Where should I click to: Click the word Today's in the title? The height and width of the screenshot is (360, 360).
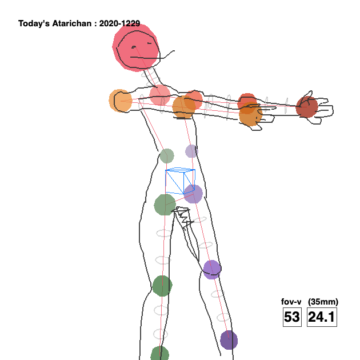point(34,24)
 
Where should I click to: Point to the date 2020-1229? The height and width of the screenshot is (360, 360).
point(119,24)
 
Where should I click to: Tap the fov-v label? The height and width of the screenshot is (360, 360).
point(291,302)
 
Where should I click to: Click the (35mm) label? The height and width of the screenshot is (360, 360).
point(323,302)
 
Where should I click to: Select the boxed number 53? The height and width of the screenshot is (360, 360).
point(291,317)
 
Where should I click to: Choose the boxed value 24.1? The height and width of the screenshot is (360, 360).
point(322,317)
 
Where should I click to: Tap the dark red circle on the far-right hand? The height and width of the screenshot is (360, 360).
point(307,107)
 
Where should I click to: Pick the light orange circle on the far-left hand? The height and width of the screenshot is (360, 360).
point(120,101)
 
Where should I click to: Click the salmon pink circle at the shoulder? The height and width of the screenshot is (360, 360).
point(160,94)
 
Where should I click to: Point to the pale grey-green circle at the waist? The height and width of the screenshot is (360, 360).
point(166,155)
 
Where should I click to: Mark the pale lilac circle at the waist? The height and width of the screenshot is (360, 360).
point(191,151)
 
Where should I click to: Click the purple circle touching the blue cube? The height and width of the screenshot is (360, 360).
point(193,194)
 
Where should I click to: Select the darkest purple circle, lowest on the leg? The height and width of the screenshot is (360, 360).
point(229,340)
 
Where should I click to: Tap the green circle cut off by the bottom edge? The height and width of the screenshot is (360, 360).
point(159,354)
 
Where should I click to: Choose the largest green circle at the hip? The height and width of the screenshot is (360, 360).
point(165,204)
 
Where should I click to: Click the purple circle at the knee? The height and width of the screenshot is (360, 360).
point(211,269)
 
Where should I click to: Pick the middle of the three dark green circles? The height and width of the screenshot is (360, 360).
point(162,286)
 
